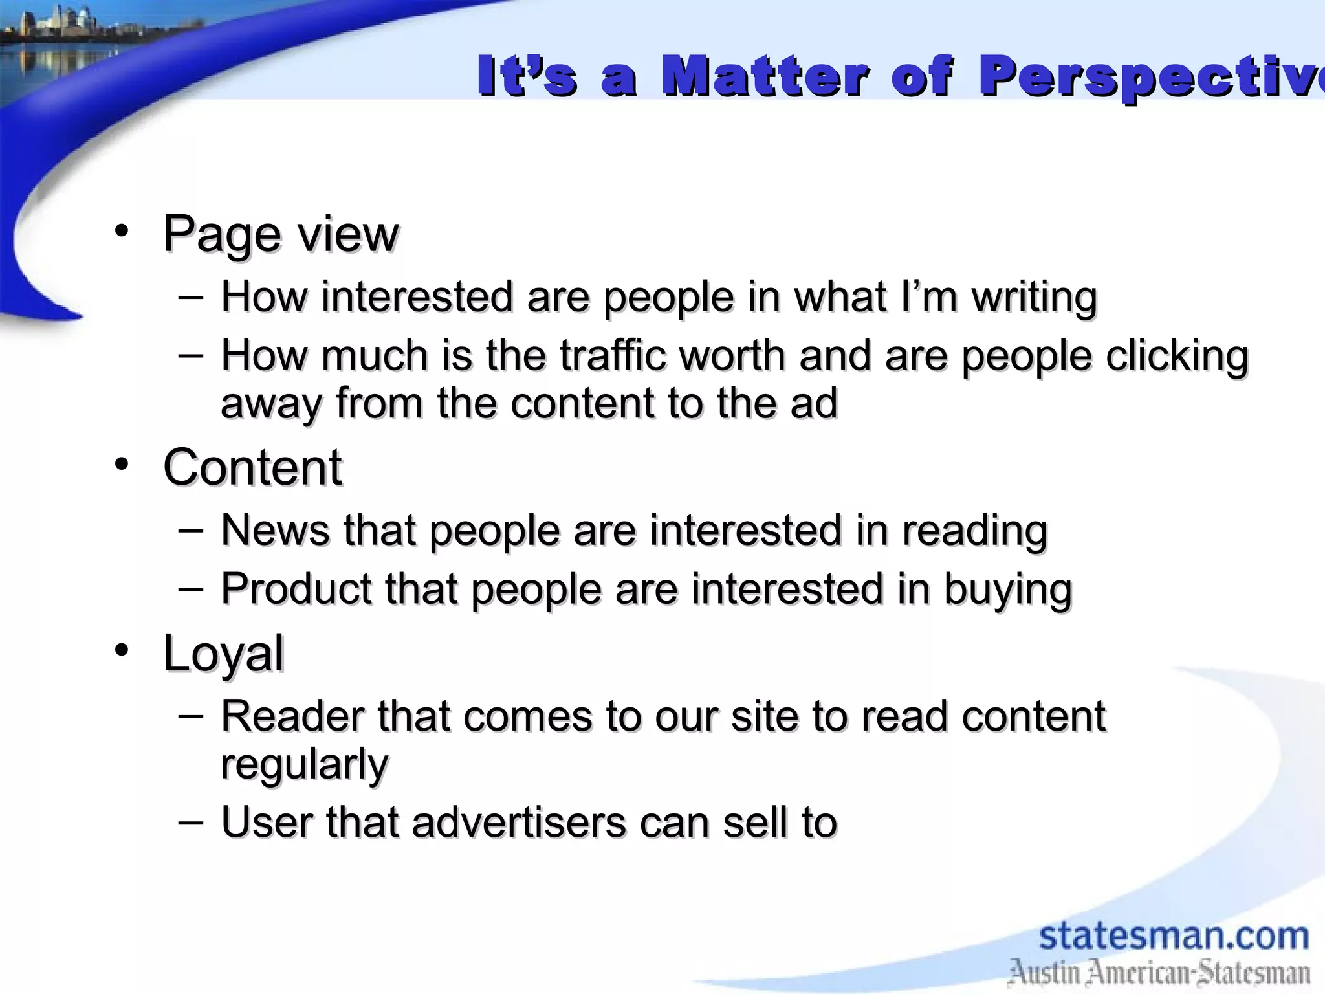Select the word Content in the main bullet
[252, 467]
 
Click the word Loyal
[223, 654]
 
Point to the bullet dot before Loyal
[122, 650]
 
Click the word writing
[1034, 298]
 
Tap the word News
[275, 530]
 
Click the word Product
[296, 589]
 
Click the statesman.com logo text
[1174, 936]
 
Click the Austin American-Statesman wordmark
[1159, 973]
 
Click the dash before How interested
[190, 297]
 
